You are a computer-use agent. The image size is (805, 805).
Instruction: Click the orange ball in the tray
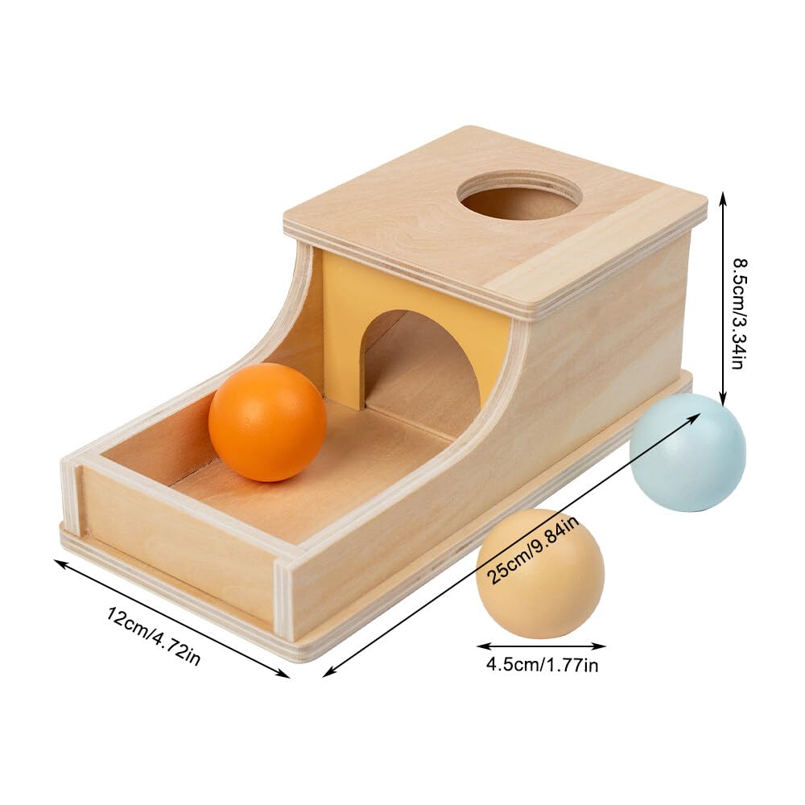pyautogui.click(x=267, y=422)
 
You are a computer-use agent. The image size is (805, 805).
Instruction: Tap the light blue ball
pyautogui.click(x=687, y=452)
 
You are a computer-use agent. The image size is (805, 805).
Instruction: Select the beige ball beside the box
pyautogui.click(x=540, y=573)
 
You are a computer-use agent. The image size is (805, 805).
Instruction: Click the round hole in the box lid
pyautogui.click(x=519, y=199)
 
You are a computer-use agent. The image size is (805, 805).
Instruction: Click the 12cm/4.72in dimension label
pyautogui.click(x=154, y=636)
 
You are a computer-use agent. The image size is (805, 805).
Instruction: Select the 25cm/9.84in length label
pyautogui.click(x=534, y=551)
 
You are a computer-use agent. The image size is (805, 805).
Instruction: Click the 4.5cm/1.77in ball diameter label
pyautogui.click(x=542, y=666)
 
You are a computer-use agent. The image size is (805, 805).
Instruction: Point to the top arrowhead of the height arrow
pyautogui.click(x=723, y=197)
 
